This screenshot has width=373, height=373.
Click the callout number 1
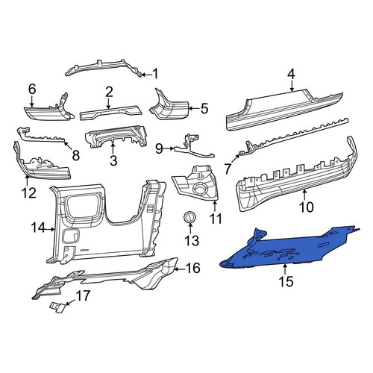tap(155, 74)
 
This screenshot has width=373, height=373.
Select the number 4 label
tap(291, 75)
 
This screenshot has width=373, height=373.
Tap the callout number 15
tap(286, 281)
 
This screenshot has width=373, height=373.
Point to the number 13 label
tap(192, 240)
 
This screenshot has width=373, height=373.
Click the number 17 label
tap(83, 296)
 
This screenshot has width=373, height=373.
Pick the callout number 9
tap(159, 148)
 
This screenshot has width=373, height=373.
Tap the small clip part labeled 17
tap(57, 307)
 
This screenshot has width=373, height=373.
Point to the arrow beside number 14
tap(50, 229)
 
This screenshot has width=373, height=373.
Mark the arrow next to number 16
tap(179, 269)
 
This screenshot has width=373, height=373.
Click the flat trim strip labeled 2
tap(110, 113)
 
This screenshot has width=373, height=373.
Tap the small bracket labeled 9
tap(194, 149)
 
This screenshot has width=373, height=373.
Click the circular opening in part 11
tap(200, 189)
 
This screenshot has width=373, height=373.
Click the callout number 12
tap(29, 193)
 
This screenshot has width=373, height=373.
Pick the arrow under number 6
tap(31, 103)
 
